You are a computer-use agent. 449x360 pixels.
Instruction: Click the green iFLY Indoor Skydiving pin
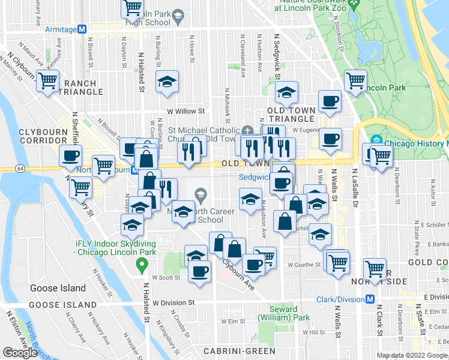coord(142,265)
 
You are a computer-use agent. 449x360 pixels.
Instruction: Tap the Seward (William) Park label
coord(279,313)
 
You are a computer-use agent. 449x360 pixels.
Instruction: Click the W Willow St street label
coord(186,111)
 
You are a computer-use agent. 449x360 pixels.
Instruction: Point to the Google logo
coord(20,352)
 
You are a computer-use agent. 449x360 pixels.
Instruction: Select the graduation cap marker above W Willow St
coord(167,82)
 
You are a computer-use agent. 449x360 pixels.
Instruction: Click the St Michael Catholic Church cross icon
coord(248,130)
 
